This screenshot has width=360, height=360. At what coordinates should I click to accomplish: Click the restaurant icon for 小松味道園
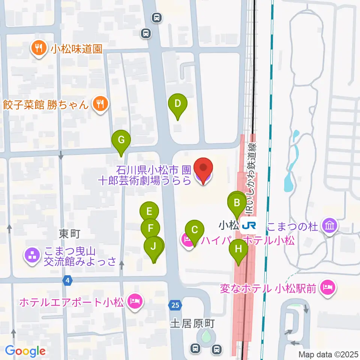38,48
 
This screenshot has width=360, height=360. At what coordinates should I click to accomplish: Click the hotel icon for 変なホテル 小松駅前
328,288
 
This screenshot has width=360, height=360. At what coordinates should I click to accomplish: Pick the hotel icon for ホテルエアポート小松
134,301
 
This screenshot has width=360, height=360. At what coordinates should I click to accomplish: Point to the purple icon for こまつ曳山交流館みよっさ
33,256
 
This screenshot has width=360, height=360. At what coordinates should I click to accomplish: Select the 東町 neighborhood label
70,234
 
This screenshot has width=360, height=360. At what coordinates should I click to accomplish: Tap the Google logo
25,351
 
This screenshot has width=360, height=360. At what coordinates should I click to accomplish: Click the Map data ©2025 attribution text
328,354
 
